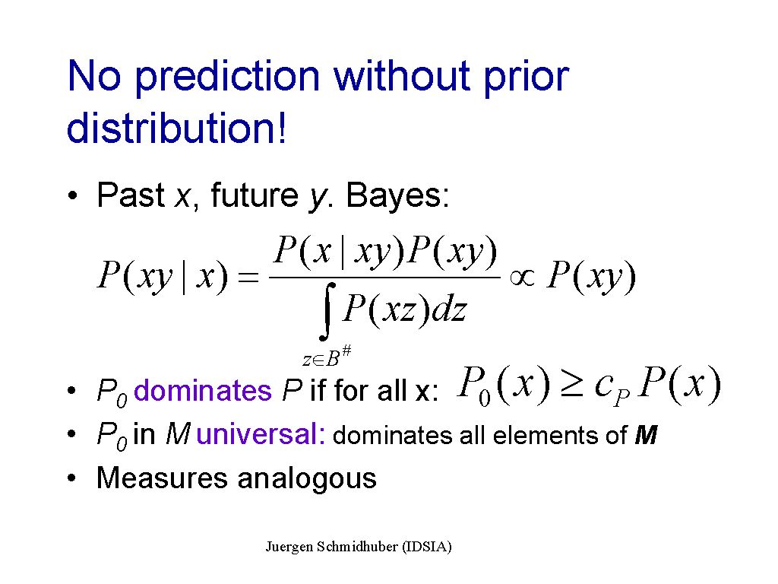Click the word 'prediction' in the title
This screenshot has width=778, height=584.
point(228,78)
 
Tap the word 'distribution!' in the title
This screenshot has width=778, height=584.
point(176,127)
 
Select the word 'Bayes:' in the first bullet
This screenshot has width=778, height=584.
point(397,195)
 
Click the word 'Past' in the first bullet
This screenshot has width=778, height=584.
point(131,195)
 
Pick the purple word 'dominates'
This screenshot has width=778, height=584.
point(202,390)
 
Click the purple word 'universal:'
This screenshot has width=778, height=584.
point(261,433)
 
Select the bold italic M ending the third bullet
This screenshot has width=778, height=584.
point(646,435)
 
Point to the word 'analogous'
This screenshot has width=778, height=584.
point(307,480)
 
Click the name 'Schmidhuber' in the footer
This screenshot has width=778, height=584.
point(357,547)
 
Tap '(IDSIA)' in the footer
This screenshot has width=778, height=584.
point(427,547)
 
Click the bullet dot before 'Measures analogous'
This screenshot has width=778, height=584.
point(72,478)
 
